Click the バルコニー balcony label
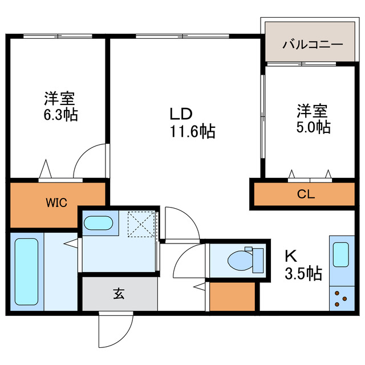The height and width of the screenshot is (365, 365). pyautogui.click(x=313, y=43)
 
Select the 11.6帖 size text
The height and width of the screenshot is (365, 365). pyautogui.click(x=191, y=132)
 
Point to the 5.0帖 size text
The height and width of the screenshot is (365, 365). pyautogui.click(x=312, y=127)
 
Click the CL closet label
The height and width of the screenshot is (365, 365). pyautogui.click(x=305, y=194)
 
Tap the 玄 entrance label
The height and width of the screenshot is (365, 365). pyautogui.click(x=119, y=294)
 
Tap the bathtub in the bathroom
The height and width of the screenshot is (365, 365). pyautogui.click(x=26, y=271)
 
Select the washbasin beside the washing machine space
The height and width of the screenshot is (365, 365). pyautogui.click(x=99, y=223)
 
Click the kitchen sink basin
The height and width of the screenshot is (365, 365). pyautogui.click(x=340, y=253)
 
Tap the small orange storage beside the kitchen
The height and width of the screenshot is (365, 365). pyautogui.click(x=232, y=297)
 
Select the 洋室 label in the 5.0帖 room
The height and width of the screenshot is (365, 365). pyautogui.click(x=311, y=109)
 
